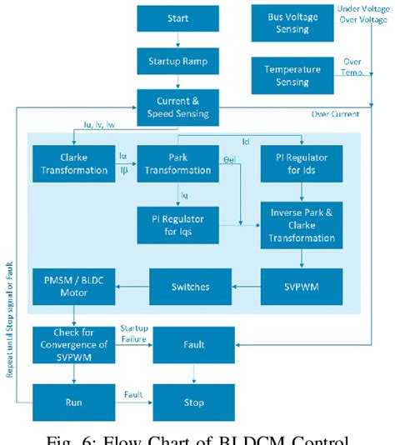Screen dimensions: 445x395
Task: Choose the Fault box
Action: [193, 343]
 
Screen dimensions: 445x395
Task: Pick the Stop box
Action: [193, 402]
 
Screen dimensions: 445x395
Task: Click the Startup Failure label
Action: [133, 333]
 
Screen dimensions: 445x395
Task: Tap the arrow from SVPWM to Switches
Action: [247, 287]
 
